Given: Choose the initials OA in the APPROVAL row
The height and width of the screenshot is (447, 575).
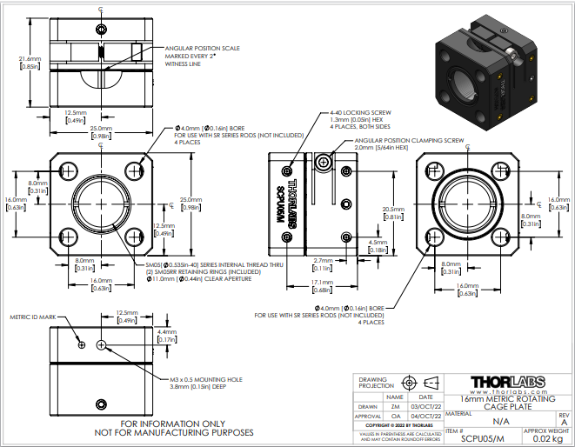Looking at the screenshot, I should [x=396, y=417].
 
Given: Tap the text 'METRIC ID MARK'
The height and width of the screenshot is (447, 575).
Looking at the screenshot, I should [x=31, y=317].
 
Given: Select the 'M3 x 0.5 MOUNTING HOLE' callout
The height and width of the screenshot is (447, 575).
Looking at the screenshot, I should [x=206, y=379].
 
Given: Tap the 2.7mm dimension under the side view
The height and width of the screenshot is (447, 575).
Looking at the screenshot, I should [x=324, y=260].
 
